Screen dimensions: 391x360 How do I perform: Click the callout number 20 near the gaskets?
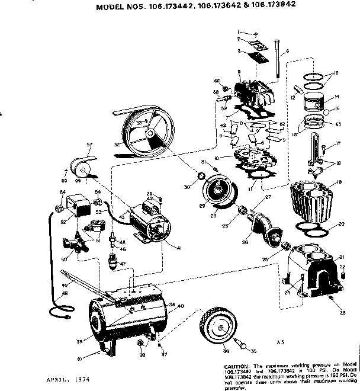340,225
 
